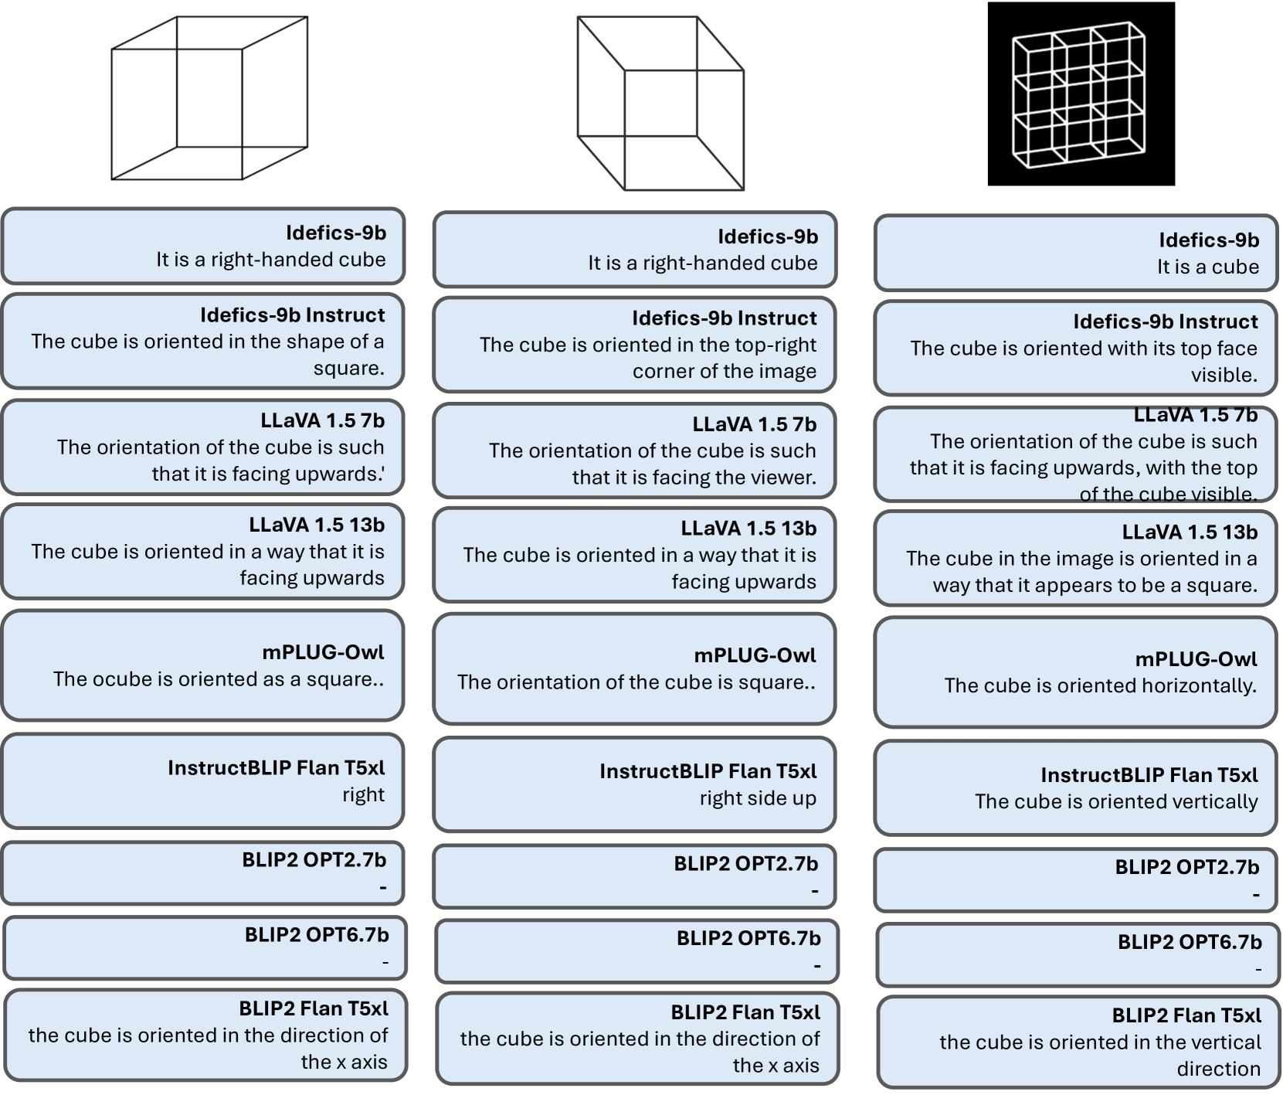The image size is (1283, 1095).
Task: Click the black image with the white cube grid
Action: coord(1081,94)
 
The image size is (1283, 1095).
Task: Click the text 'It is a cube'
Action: coord(1207,267)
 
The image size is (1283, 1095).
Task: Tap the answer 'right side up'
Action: coord(758,798)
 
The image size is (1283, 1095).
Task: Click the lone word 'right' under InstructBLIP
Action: coord(363,794)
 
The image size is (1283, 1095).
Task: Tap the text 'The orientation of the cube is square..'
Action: coord(636,682)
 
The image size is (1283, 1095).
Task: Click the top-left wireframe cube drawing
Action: coord(209,98)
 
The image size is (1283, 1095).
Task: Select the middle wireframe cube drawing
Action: coord(660,104)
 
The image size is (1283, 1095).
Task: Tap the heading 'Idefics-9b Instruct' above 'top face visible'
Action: coord(1165,321)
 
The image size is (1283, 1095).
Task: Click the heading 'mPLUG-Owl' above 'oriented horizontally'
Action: coord(1196,659)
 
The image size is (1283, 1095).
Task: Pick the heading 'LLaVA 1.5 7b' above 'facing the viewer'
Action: coord(754,424)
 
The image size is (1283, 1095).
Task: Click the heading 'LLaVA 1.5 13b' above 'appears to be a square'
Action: coord(1190,532)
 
